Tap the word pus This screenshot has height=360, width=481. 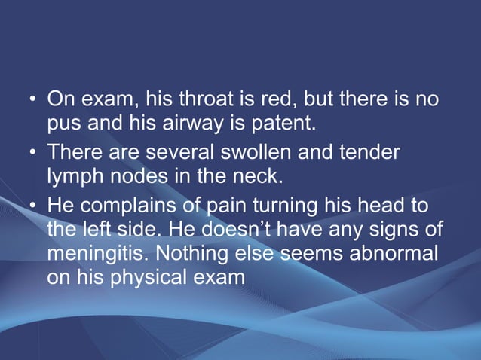click(x=63, y=123)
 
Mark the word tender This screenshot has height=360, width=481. click(x=371, y=153)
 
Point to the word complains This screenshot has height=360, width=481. click(x=123, y=206)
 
